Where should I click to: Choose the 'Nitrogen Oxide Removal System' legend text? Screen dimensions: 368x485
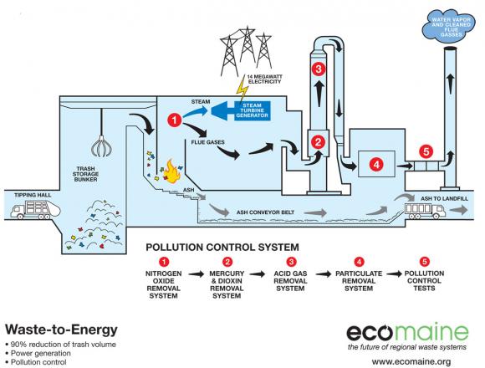coord(166,284)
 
